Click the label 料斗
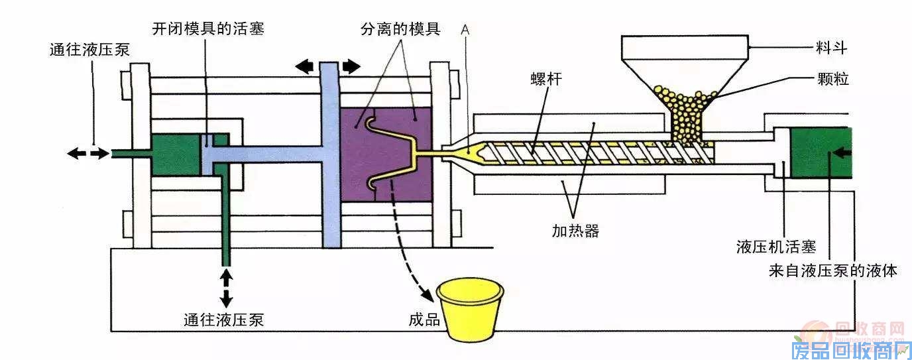point(832,48)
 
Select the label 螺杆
point(547,80)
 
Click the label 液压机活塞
point(775,247)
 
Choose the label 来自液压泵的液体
point(833,270)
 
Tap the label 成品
point(425,319)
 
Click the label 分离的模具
point(400,30)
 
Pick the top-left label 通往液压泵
point(89,50)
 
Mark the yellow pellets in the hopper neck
point(686,116)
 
